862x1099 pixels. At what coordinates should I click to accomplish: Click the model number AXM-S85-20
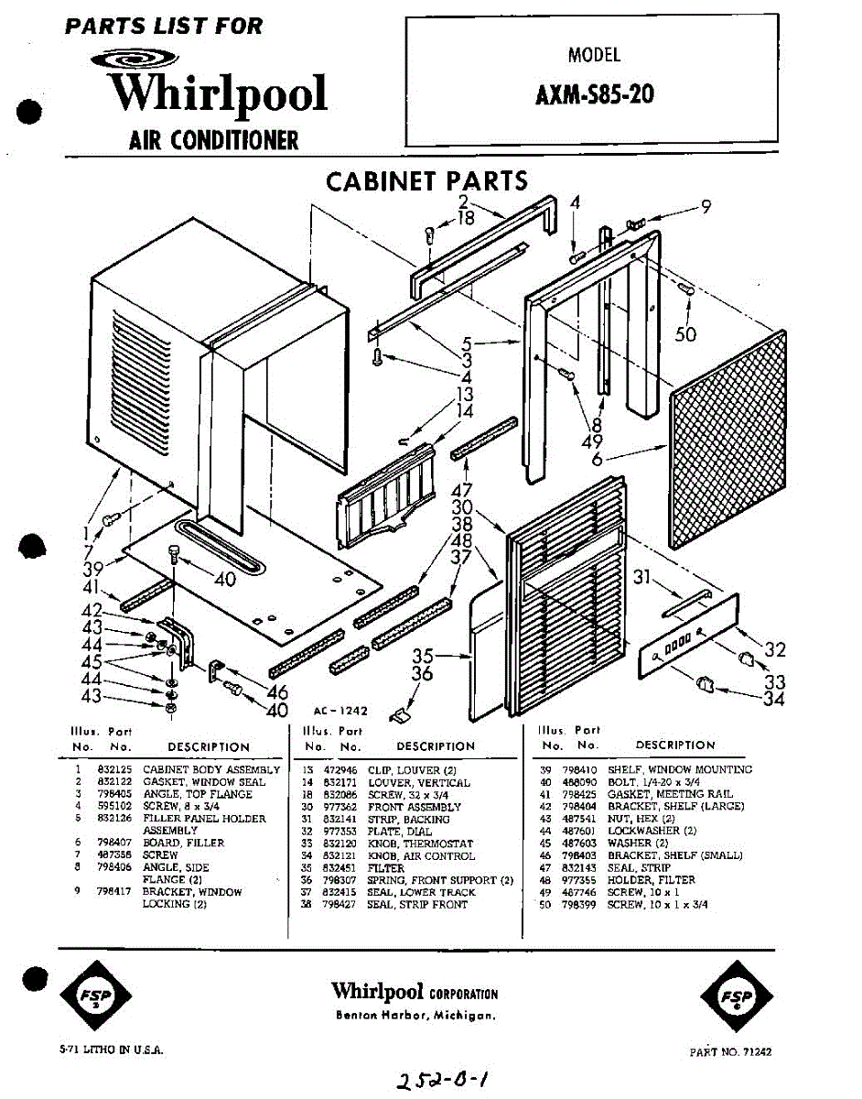[594, 94]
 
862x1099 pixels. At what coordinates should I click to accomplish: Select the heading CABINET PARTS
[426, 181]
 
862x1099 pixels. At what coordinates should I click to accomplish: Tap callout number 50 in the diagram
[684, 334]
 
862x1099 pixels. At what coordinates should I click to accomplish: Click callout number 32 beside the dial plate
[775, 649]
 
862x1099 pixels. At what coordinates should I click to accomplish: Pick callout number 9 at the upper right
[706, 207]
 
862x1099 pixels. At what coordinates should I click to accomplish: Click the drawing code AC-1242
[339, 710]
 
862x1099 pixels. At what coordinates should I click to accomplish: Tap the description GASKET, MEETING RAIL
[670, 794]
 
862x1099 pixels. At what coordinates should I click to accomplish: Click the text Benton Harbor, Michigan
[415, 1016]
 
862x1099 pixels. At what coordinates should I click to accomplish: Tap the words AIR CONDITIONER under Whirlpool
[213, 140]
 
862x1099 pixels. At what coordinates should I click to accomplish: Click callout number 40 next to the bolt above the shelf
[224, 579]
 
